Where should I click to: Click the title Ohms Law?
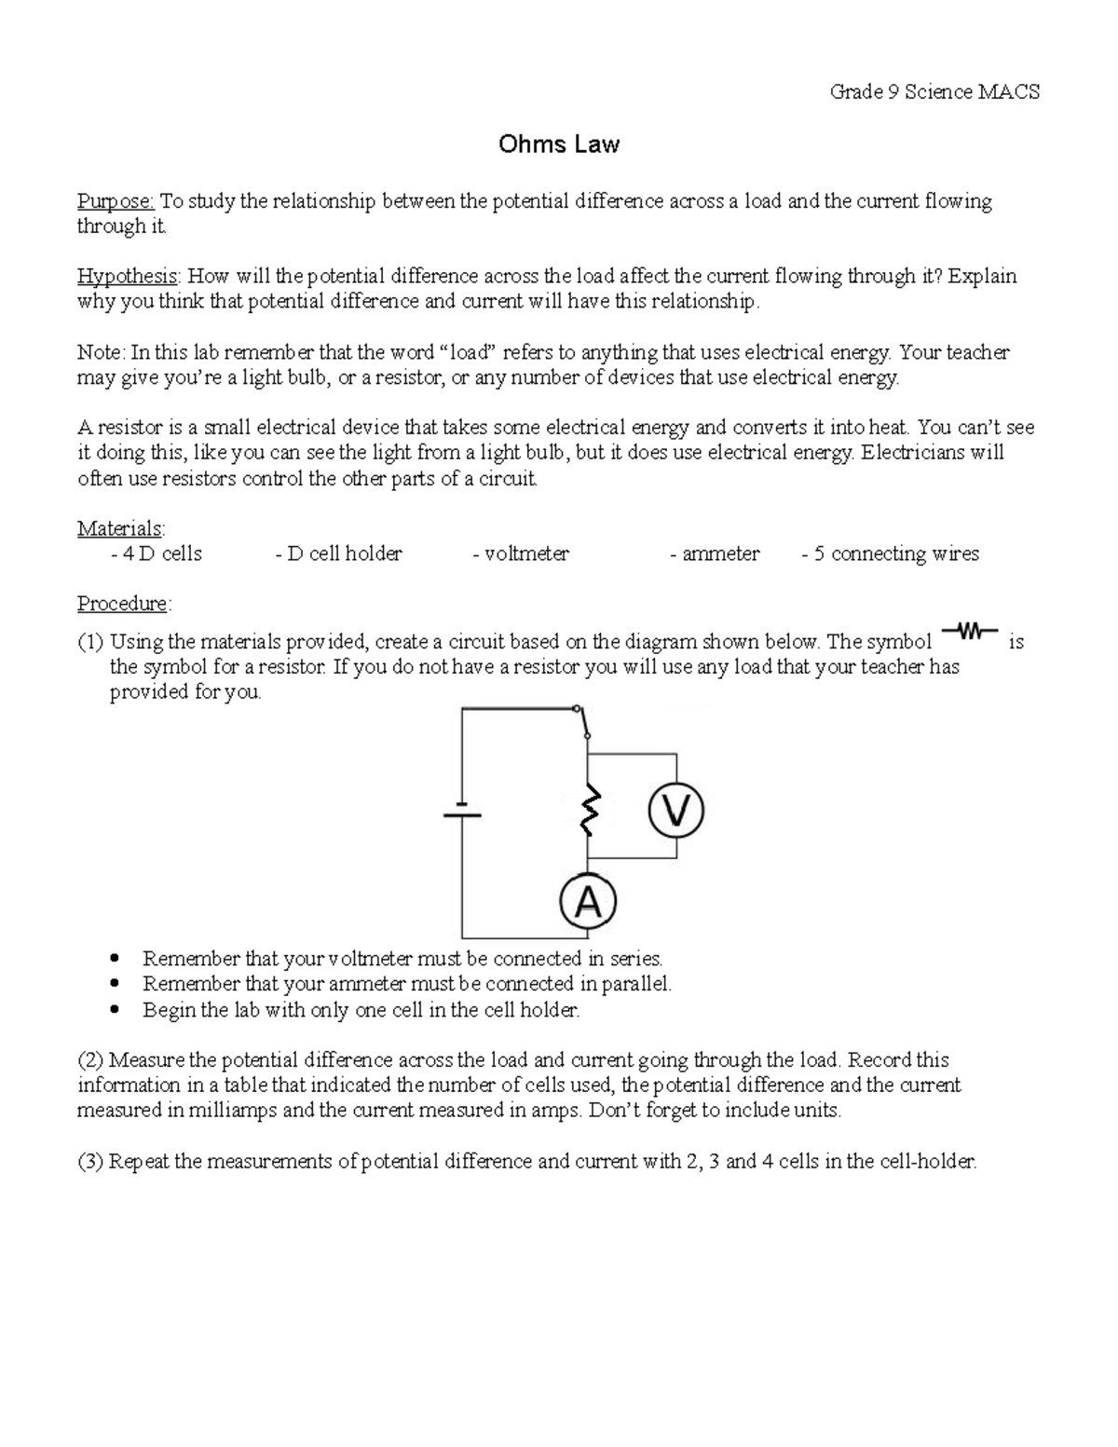[x=558, y=144]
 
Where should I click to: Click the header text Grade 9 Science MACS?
[x=934, y=91]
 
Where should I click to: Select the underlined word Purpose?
[x=116, y=201]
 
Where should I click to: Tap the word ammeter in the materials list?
[x=720, y=553]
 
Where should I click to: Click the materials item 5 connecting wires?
[x=895, y=553]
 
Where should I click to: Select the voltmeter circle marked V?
[x=675, y=811]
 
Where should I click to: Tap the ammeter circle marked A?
[x=588, y=902]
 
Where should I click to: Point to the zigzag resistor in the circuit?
[x=589, y=809]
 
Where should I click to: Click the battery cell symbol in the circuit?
[x=462, y=809]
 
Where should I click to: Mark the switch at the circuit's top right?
[x=583, y=721]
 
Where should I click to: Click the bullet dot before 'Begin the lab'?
[x=115, y=1009]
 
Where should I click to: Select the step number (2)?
[x=91, y=1060]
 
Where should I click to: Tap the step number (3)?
[x=91, y=1162]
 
